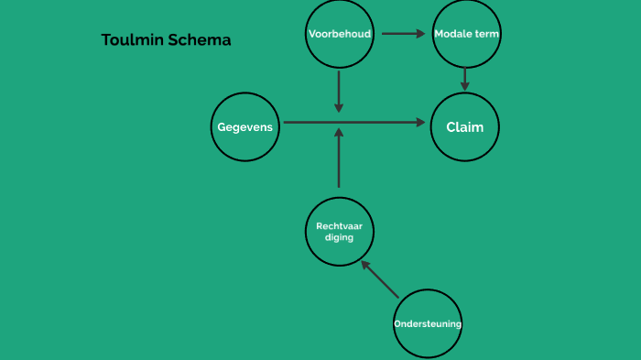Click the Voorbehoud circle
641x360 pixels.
click(x=339, y=34)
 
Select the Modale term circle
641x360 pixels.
click(x=466, y=34)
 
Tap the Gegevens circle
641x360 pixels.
click(x=246, y=126)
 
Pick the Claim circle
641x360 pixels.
click(x=465, y=126)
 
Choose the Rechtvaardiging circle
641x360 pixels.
click(x=339, y=231)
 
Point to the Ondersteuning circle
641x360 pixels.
click(x=428, y=322)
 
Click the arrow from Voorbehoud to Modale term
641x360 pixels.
click(x=404, y=34)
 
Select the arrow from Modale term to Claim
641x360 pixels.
click(x=465, y=79)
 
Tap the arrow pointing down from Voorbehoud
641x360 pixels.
click(x=339, y=91)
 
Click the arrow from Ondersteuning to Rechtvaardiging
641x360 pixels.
click(x=380, y=279)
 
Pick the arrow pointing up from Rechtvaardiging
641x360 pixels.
click(x=339, y=158)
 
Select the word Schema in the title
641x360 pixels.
click(x=200, y=40)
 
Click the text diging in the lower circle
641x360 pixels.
click(x=339, y=237)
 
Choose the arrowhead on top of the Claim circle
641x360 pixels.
click(x=465, y=86)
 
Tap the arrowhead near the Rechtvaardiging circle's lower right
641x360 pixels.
click(x=365, y=265)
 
